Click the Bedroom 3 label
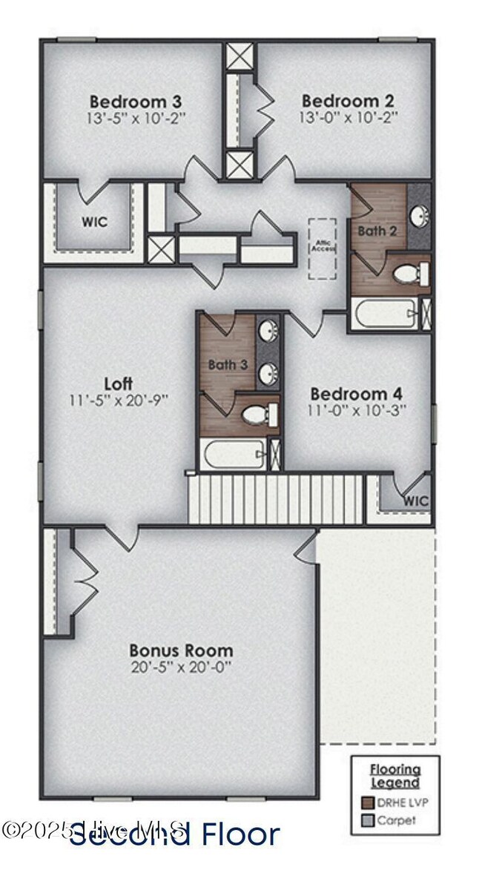coord(136,101)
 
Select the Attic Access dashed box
coord(323,248)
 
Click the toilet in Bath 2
coord(406,274)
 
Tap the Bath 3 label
coord(228,364)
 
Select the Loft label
coord(119,383)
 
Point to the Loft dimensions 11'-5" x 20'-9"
coord(119,400)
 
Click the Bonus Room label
coord(181,650)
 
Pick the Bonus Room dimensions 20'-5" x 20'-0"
coord(181,666)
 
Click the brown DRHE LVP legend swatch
coord(366,801)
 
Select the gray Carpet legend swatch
coord(366,820)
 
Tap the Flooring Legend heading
coord(394,776)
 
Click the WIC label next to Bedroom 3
coord(93,221)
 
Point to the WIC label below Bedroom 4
coord(416,501)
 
